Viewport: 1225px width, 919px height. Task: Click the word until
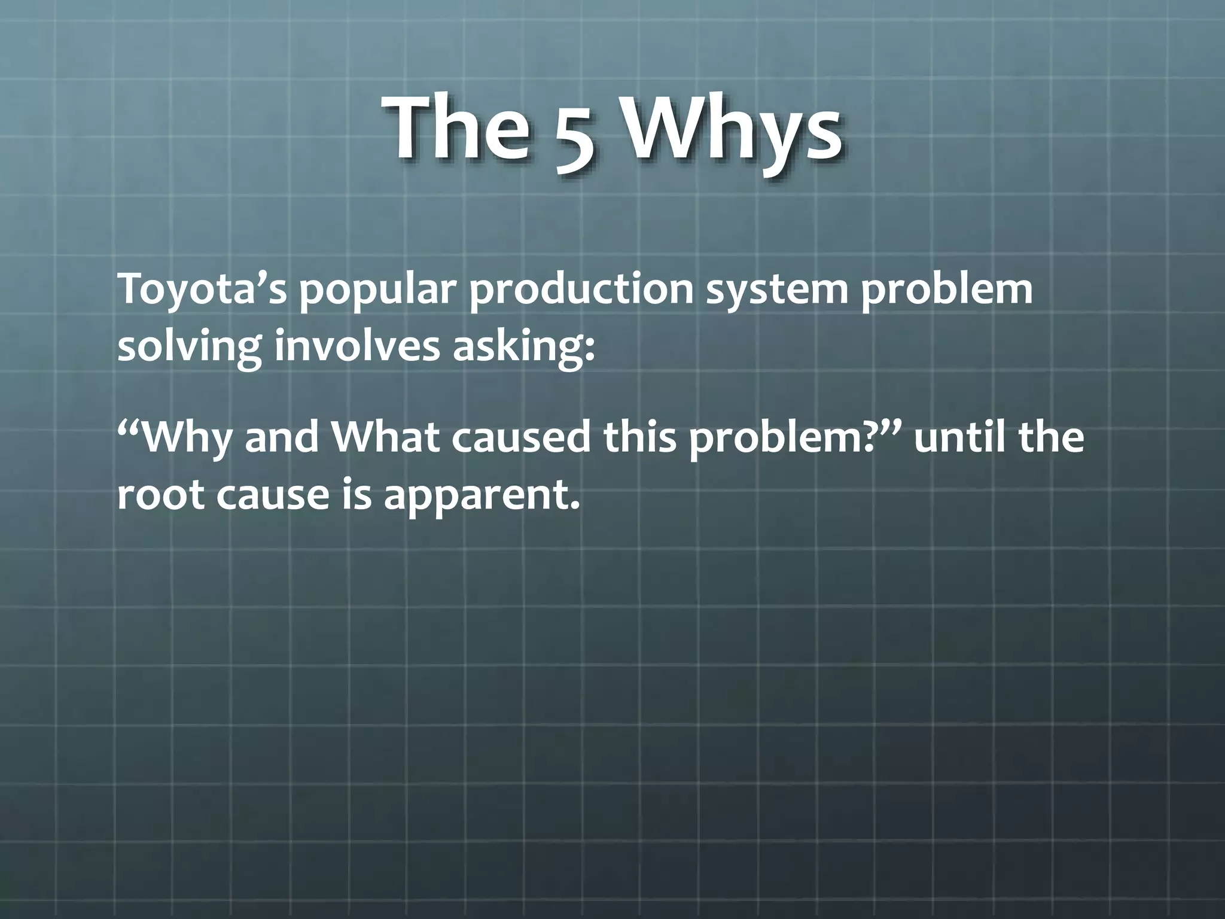959,436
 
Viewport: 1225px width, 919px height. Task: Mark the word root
160,496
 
